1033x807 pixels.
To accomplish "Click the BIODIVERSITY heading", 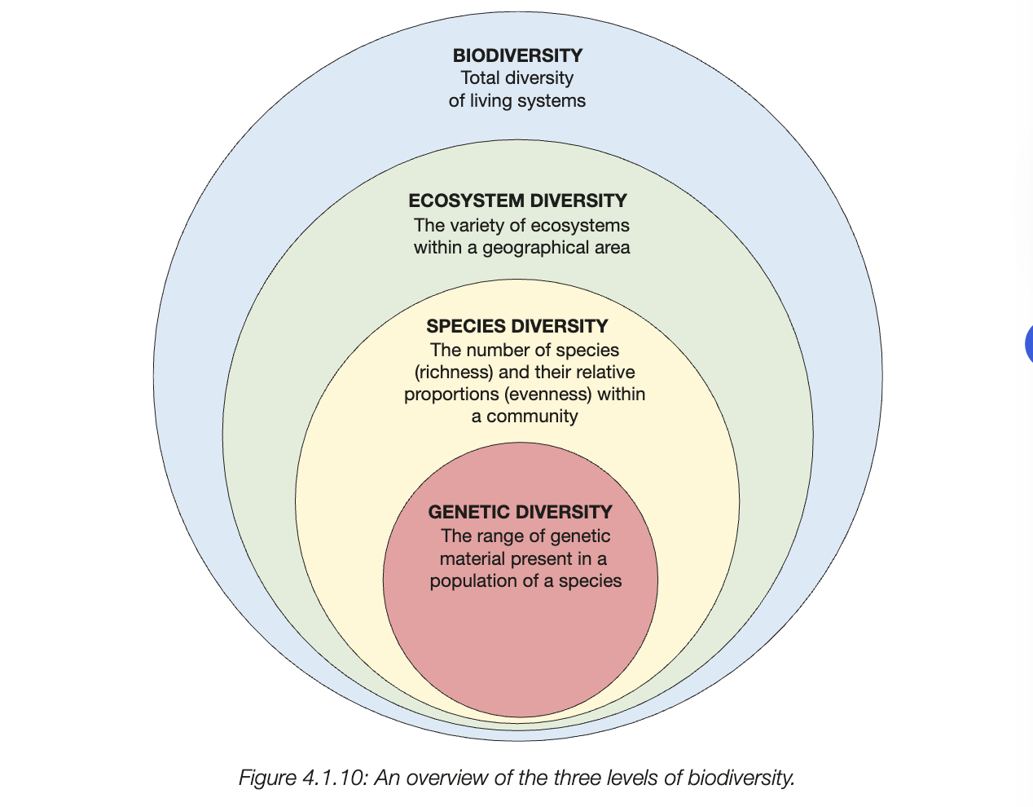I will coord(517,55).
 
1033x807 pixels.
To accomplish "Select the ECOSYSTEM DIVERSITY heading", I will coord(517,201).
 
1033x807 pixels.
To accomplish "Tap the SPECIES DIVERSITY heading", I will coord(517,326).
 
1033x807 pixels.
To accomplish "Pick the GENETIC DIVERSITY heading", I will coord(520,512).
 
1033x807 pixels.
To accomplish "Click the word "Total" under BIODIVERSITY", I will coord(480,78).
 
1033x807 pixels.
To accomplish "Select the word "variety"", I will coord(477,225).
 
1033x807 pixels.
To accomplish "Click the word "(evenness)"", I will coord(547,395).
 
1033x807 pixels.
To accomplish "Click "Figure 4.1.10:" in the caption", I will coord(304,778).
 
